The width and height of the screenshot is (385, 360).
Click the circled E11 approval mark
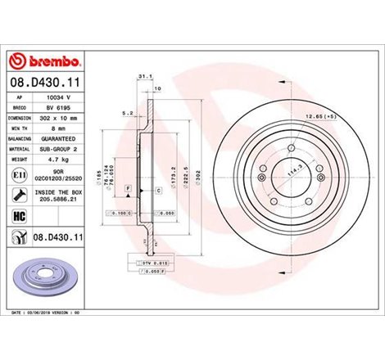coord(18,175)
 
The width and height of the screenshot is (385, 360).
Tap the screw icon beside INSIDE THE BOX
coord(18,193)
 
